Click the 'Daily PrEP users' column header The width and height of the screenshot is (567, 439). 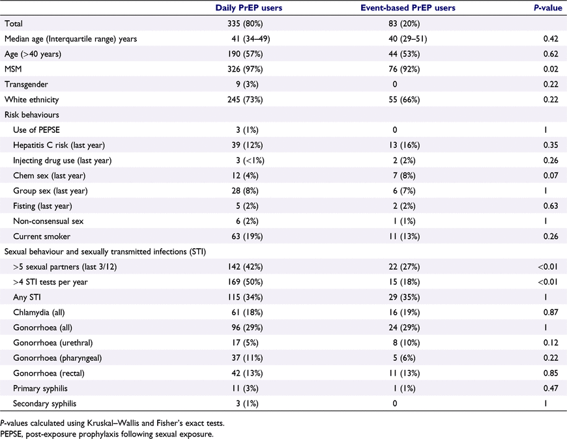click(x=249, y=8)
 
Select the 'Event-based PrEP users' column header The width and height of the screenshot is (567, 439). click(x=408, y=8)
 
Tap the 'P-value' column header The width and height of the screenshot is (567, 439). click(x=548, y=8)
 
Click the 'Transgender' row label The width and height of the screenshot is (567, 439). click(x=26, y=85)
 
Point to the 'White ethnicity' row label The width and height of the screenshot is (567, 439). click(x=31, y=100)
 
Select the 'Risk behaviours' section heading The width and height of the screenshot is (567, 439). click(x=31, y=115)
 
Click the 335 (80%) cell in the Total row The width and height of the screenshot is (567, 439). click(x=245, y=24)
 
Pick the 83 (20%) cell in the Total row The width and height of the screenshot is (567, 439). click(x=404, y=24)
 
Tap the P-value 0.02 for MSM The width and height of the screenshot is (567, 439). click(x=551, y=69)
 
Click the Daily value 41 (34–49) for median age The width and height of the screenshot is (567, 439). click(x=251, y=39)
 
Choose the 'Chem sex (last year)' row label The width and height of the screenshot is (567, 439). click(x=49, y=176)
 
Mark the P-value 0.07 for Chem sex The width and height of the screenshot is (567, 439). click(x=551, y=176)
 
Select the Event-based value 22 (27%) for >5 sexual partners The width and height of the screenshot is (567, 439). click(x=404, y=267)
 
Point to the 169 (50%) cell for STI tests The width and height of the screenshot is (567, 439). click(x=245, y=282)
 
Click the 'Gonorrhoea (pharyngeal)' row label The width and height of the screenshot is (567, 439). click(x=57, y=358)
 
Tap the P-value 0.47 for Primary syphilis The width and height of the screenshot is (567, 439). click(x=551, y=388)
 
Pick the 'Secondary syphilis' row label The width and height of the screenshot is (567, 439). click(x=45, y=404)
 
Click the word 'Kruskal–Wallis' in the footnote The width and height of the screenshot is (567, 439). click(x=115, y=423)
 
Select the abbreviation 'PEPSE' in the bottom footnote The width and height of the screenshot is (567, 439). click(x=11, y=434)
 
